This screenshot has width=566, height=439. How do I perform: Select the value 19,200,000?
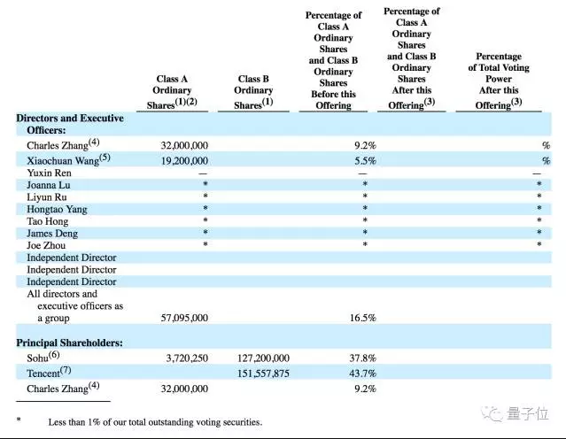pos(184,160)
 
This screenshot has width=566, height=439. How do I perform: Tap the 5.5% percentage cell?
pos(364,160)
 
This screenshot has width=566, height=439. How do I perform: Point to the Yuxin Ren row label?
pos(51,173)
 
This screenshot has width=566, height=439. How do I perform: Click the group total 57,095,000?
pos(184,317)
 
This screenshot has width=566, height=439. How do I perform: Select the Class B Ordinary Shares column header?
pos(253,91)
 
